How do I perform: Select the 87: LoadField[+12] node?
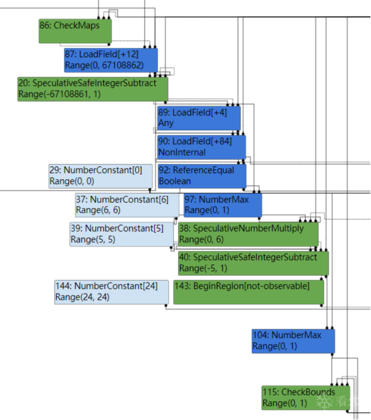[x=111, y=59]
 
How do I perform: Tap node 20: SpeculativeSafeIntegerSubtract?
[x=92, y=88]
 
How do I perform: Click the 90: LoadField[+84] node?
[x=201, y=147]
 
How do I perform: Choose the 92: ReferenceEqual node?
[x=201, y=176]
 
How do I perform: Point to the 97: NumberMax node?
[x=222, y=204]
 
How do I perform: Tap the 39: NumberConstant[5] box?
[x=122, y=234]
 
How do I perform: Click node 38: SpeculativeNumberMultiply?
[x=248, y=234]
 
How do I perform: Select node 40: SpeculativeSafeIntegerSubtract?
[x=253, y=263]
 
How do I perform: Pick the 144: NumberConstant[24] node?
[x=111, y=292]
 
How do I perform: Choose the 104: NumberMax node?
[x=293, y=341]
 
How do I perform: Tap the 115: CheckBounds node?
[x=305, y=397]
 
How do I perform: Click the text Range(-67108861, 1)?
[x=60, y=95]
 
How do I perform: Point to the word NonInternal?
[x=182, y=152]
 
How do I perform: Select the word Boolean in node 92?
[x=175, y=181]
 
